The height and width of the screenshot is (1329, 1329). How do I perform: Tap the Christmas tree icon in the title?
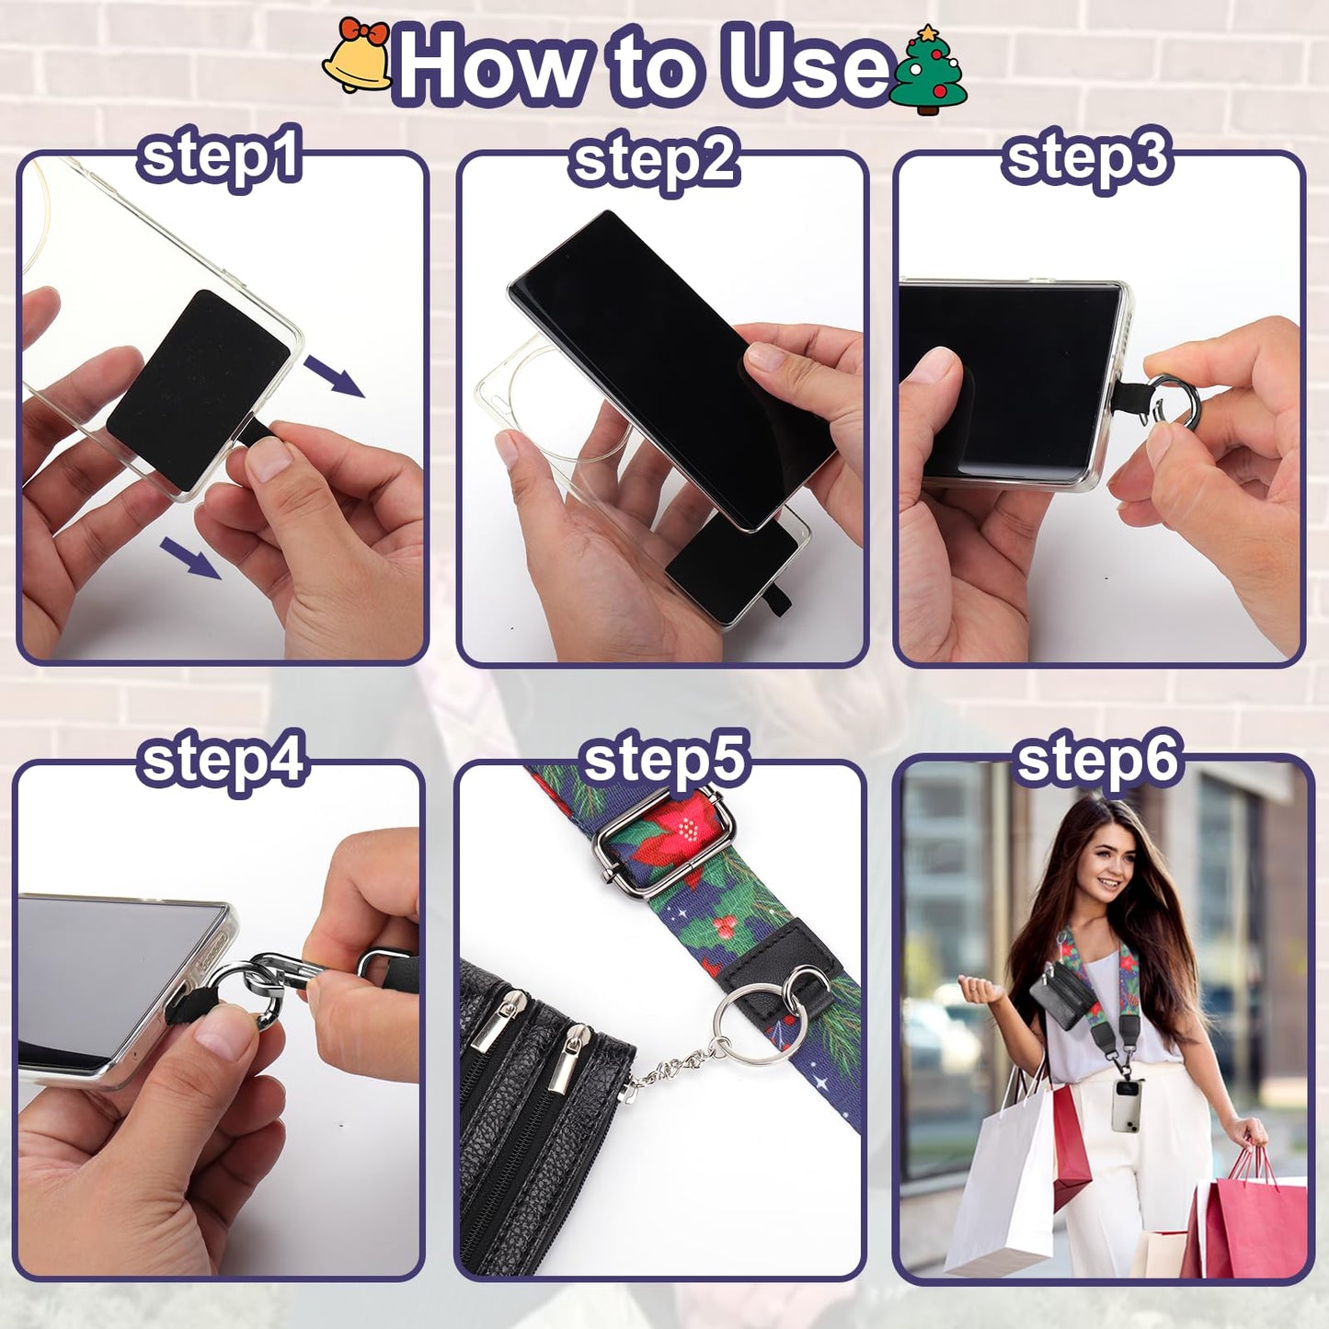[x=928, y=70]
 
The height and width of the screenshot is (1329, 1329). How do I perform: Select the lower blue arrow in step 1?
[x=190, y=558]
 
